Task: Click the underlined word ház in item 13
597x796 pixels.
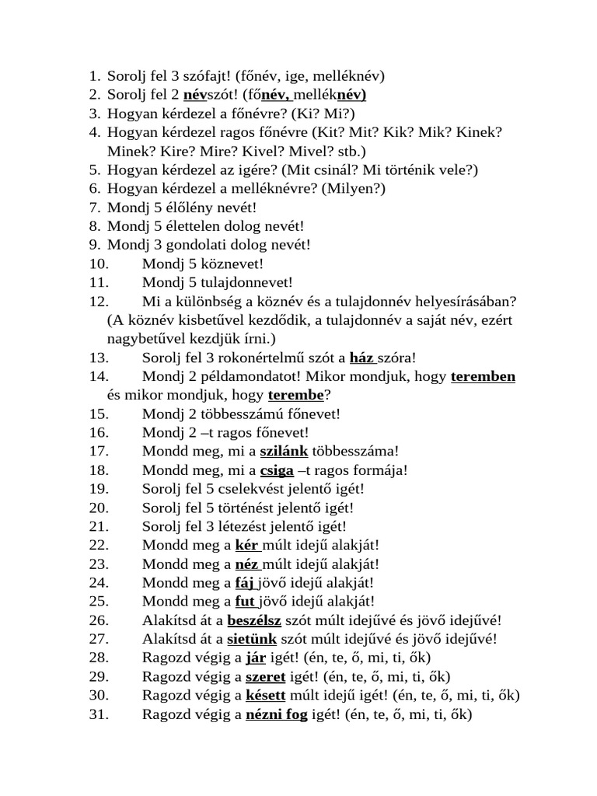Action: [361, 358]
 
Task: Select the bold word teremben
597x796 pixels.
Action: [483, 376]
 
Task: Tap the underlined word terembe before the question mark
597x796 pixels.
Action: [295, 395]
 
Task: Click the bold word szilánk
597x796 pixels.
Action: [284, 451]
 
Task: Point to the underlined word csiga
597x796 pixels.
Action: [277, 470]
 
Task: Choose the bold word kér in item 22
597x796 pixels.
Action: [246, 545]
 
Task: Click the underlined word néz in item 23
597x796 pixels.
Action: [247, 564]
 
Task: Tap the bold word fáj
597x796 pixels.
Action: [246, 582]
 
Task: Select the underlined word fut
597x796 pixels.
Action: [246, 601]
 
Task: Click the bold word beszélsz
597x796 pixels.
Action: [254, 620]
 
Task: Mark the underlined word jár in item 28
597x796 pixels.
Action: [256, 657]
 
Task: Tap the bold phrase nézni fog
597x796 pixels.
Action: [277, 713]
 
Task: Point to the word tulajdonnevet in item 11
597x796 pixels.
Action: [232, 283]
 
